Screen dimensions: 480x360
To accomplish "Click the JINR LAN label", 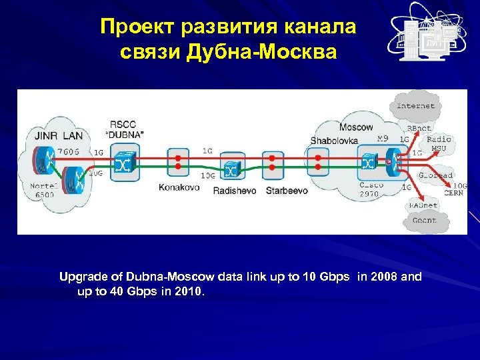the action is click(55, 136).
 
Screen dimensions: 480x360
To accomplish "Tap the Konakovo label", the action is click(179, 187).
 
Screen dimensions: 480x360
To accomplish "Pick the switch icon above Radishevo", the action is click(232, 169).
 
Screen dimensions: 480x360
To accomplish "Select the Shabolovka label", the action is click(333, 141).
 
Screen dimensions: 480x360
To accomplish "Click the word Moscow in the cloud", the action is click(356, 127).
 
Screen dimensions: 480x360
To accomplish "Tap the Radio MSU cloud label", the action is click(438, 143).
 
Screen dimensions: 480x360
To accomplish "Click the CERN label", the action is click(454, 193).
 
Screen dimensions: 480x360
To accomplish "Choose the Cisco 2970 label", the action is click(371, 189).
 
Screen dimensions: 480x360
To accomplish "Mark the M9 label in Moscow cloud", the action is click(382, 138).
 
